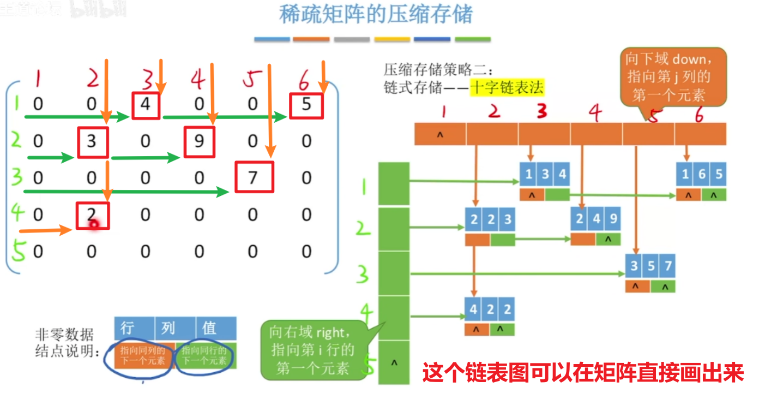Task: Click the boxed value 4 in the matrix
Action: click(x=145, y=105)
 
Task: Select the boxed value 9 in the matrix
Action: click(x=199, y=142)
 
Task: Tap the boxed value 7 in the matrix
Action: click(x=253, y=177)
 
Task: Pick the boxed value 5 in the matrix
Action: click(x=306, y=104)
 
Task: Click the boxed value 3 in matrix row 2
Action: click(x=92, y=142)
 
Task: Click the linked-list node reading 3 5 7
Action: click(x=650, y=267)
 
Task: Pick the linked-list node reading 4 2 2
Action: click(x=490, y=310)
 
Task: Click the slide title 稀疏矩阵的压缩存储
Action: click(x=376, y=15)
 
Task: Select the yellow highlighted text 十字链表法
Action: click(x=507, y=87)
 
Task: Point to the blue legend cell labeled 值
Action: click(x=216, y=328)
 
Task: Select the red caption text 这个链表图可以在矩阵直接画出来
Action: click(x=582, y=373)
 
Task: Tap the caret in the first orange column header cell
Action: click(x=440, y=134)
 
